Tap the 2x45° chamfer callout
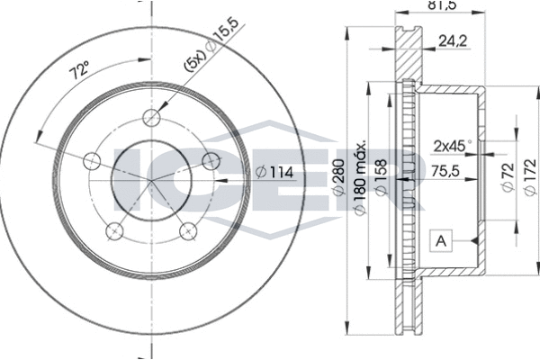click(x=452, y=143)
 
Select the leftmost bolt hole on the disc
click(x=90, y=161)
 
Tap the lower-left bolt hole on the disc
click(x=114, y=232)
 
